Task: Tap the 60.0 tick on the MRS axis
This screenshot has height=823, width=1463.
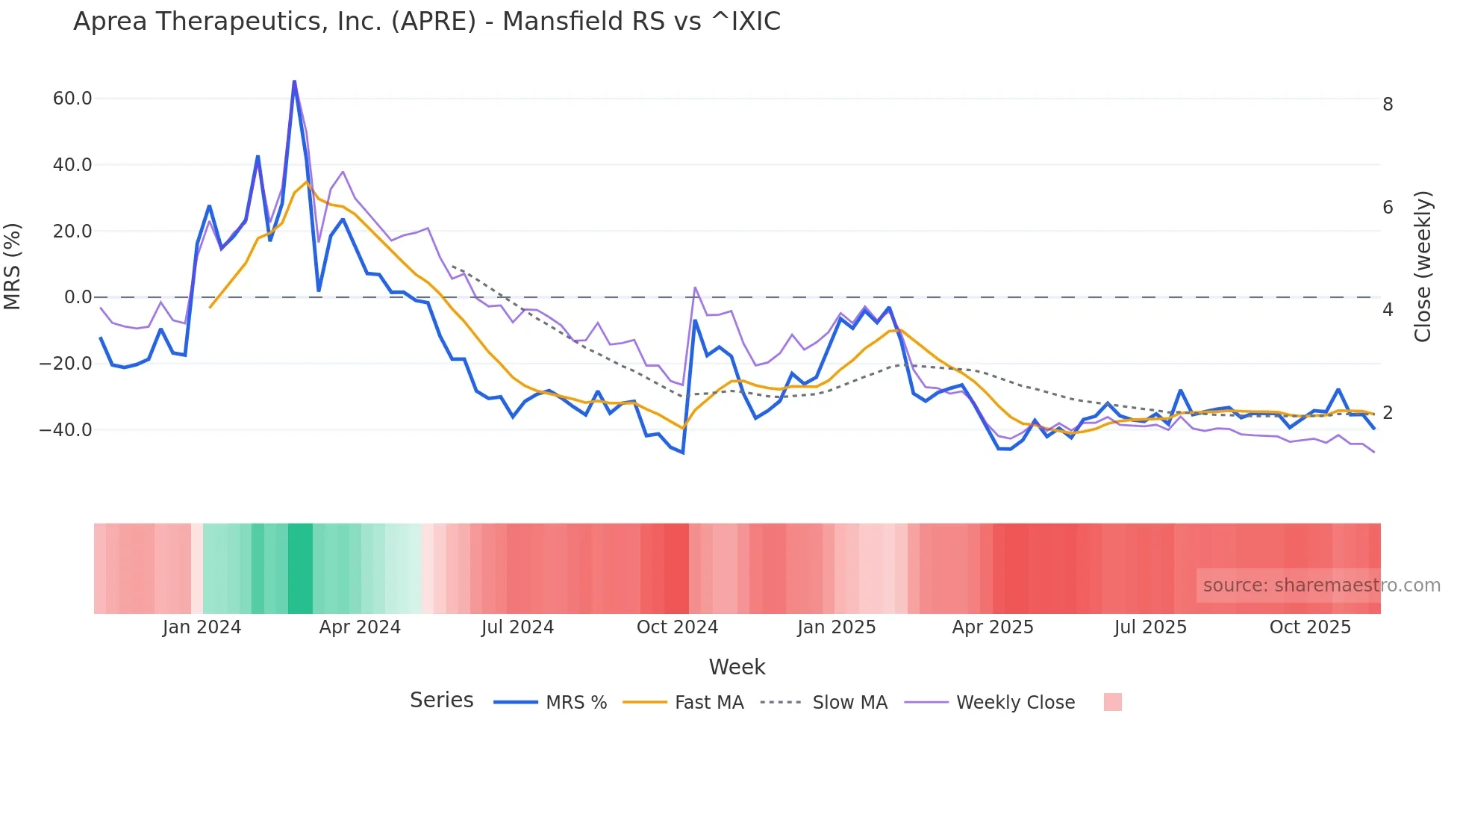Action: pos(72,99)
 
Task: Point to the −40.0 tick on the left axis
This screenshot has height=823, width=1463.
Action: pos(66,430)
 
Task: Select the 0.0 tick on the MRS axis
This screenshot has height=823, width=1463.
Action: pos(78,297)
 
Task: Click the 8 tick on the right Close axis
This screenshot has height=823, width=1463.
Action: pos(1388,105)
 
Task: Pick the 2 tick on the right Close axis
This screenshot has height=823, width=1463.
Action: pos(1388,413)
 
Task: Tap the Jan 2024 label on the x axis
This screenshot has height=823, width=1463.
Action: pos(202,627)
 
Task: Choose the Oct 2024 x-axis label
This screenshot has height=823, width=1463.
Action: pos(677,627)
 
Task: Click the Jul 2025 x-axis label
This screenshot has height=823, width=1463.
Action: pos(1150,627)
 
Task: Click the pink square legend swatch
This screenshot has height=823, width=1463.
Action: pos(1112,703)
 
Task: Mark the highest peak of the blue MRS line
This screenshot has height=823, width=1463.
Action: pos(294,81)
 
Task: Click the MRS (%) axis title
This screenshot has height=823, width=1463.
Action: pos(13,266)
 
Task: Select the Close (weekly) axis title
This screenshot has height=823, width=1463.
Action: pos(1423,267)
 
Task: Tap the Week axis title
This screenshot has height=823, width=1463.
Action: pos(737,667)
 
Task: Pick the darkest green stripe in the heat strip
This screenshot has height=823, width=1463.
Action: pos(300,568)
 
